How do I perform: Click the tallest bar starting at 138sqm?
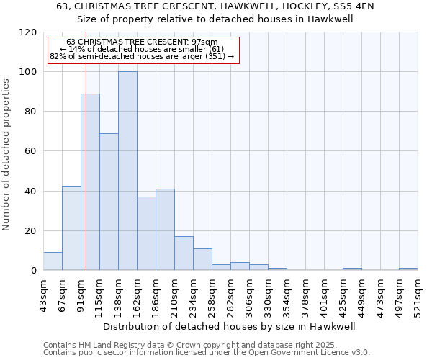(x=127, y=171)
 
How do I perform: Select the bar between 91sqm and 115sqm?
(x=90, y=182)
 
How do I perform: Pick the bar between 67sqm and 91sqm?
(x=71, y=228)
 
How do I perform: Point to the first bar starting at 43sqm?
(x=53, y=261)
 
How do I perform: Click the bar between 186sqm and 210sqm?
(x=165, y=230)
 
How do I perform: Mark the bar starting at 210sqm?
(x=184, y=253)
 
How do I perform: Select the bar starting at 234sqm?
(x=202, y=259)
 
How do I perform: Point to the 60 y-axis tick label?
(x=30, y=151)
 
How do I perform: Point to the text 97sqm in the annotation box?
(x=215, y=42)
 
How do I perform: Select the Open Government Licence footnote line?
(x=207, y=352)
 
